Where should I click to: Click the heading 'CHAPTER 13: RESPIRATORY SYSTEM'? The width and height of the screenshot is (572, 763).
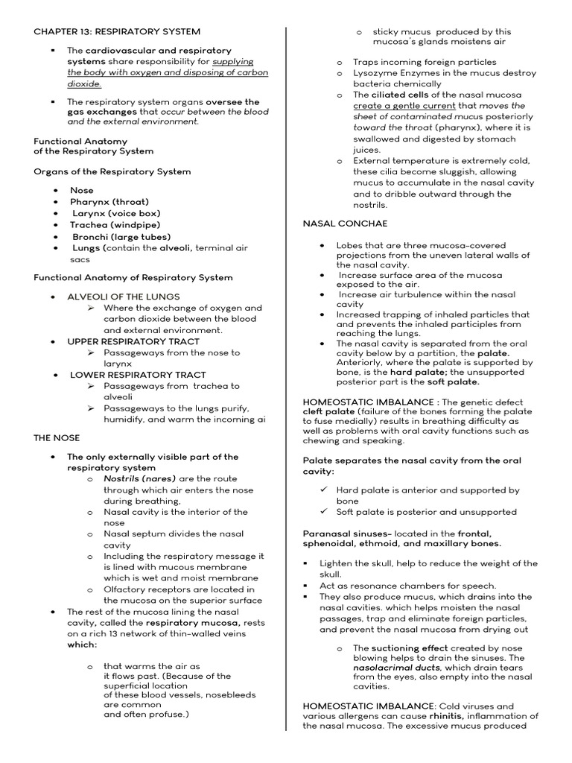[117, 31]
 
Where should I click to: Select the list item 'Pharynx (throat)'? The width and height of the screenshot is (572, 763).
[109, 202]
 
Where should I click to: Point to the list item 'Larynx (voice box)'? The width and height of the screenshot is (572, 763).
[115, 213]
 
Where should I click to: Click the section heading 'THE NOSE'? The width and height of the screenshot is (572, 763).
[56, 437]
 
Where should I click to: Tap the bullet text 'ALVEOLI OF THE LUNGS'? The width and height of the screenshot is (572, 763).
[124, 297]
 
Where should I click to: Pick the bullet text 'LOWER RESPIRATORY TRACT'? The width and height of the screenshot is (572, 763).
[138, 375]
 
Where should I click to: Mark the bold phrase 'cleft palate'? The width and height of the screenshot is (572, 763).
[329, 411]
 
